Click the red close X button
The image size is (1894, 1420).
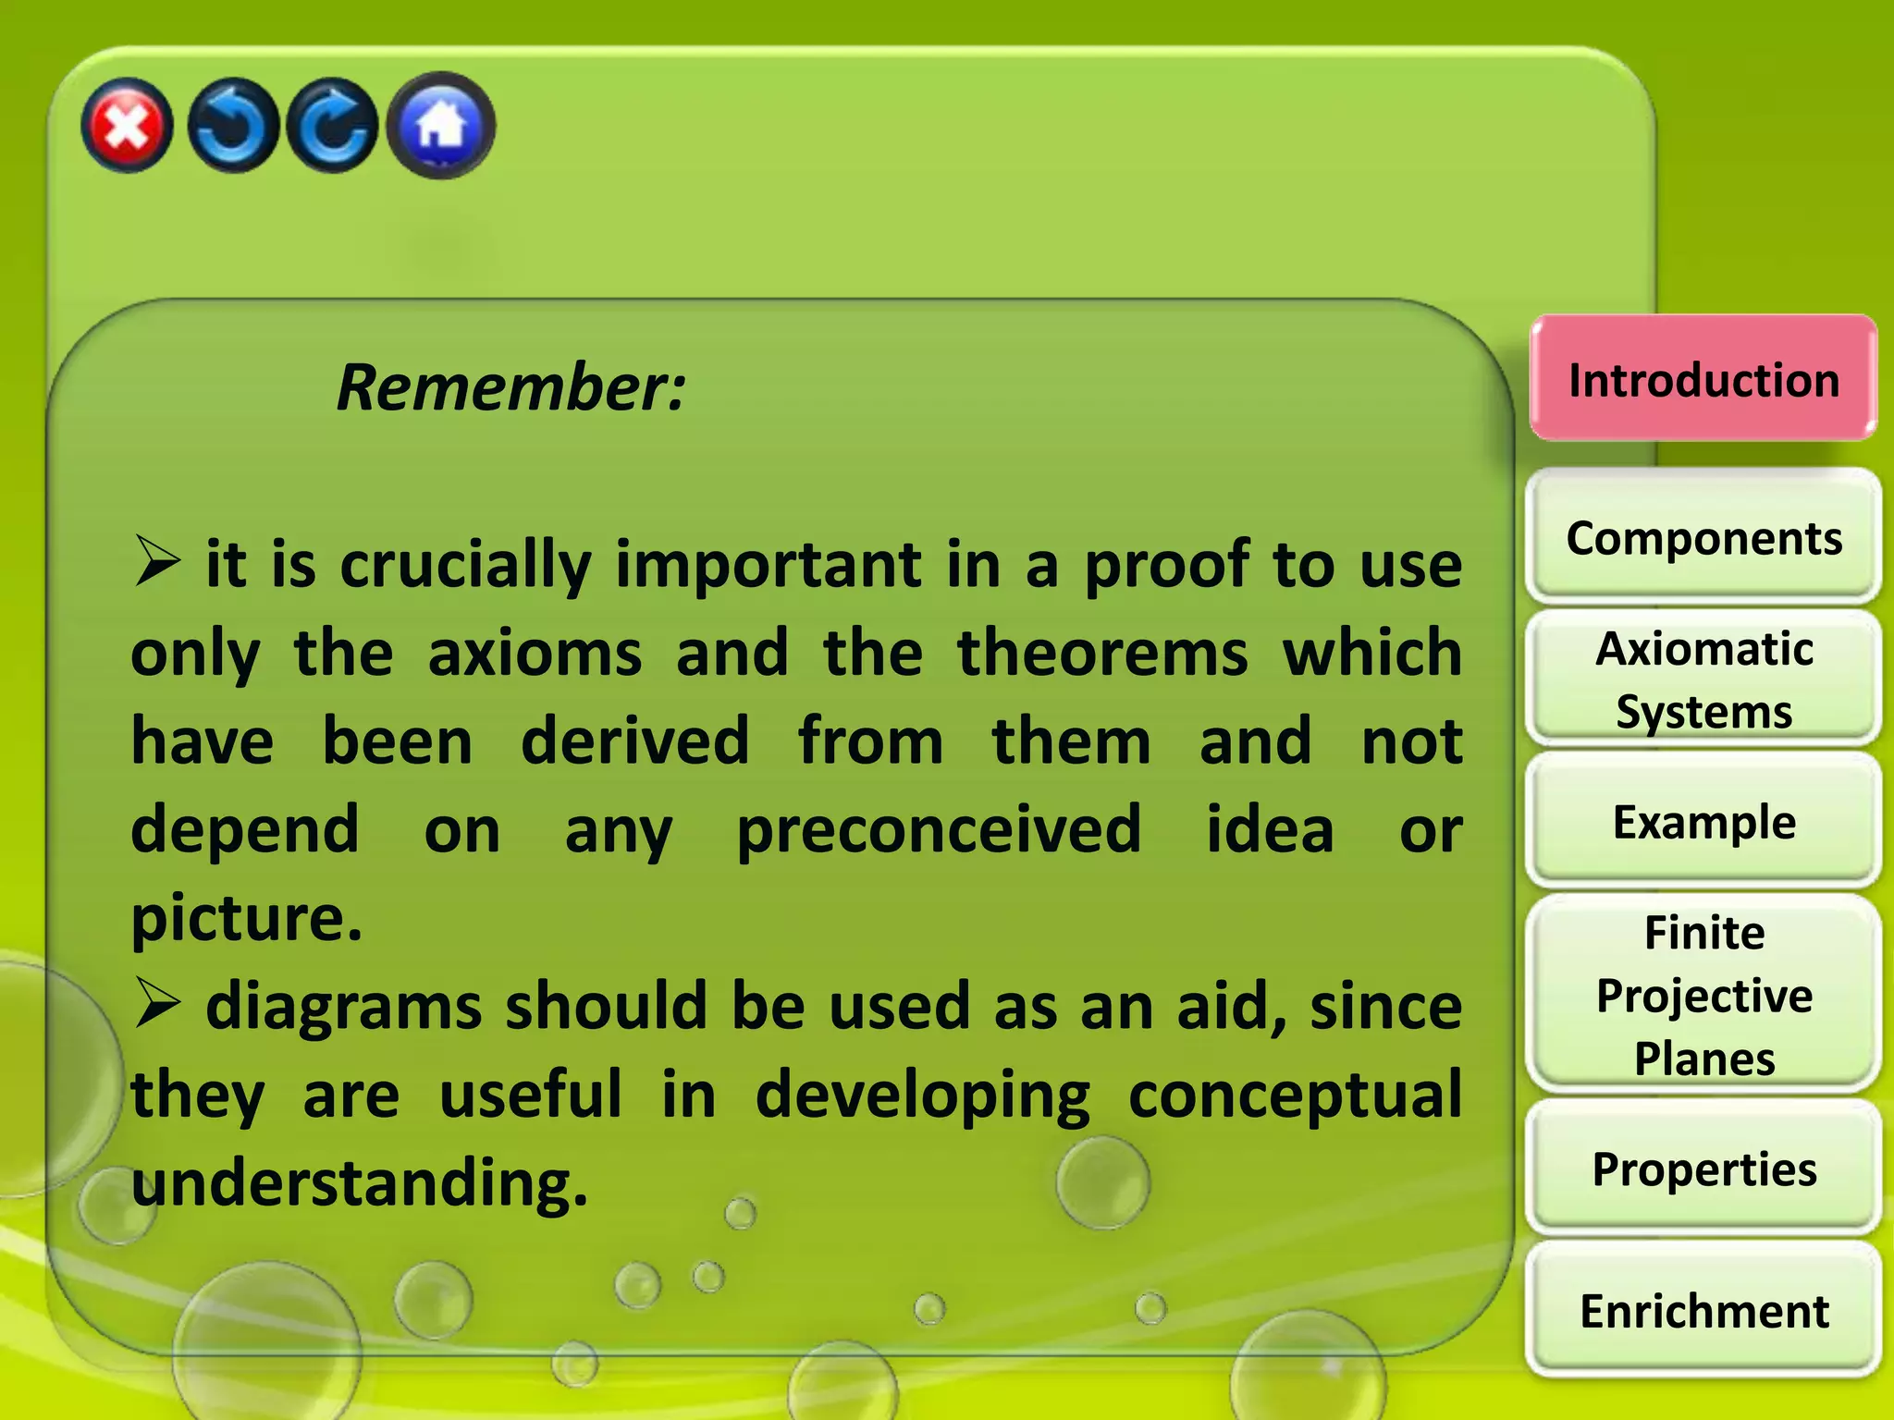(x=127, y=126)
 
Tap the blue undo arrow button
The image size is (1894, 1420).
(x=232, y=126)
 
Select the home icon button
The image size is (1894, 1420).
(x=441, y=126)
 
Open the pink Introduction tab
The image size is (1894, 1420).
(x=1703, y=380)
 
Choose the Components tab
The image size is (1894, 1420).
(x=1703, y=538)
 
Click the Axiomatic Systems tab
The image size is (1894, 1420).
(x=1703, y=679)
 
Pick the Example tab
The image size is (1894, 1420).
(x=1703, y=822)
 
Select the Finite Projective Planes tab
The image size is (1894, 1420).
(x=1703, y=995)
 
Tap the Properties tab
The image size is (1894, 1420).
(x=1703, y=1169)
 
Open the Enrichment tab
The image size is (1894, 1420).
(x=1703, y=1311)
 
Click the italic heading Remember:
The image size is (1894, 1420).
(x=511, y=387)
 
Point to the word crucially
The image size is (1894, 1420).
(x=465, y=565)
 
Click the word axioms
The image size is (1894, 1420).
(x=535, y=654)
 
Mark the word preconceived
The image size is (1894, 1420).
(x=939, y=830)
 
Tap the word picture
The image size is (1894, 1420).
(x=246, y=918)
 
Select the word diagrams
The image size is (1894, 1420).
(x=343, y=1007)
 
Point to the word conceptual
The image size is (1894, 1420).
(x=1295, y=1096)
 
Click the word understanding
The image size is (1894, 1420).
(x=359, y=1183)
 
